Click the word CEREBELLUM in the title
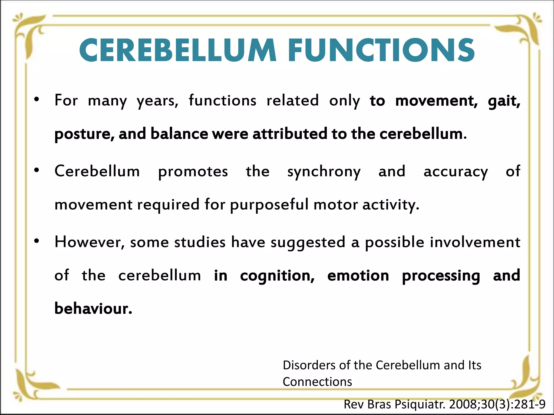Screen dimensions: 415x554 tap(177, 51)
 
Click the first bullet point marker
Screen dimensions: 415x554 tap(37, 100)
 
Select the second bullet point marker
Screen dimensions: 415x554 tap(37, 170)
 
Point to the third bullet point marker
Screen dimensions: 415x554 tap(37, 241)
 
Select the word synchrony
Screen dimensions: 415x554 tap(324, 172)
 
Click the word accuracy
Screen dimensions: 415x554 tap(456, 172)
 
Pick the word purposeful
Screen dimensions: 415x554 tap(269, 205)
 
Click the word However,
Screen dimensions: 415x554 tap(90, 242)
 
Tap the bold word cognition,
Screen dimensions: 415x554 tap(277, 276)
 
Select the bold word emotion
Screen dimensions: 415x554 tap(358, 276)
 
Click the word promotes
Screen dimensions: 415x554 tap(193, 172)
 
